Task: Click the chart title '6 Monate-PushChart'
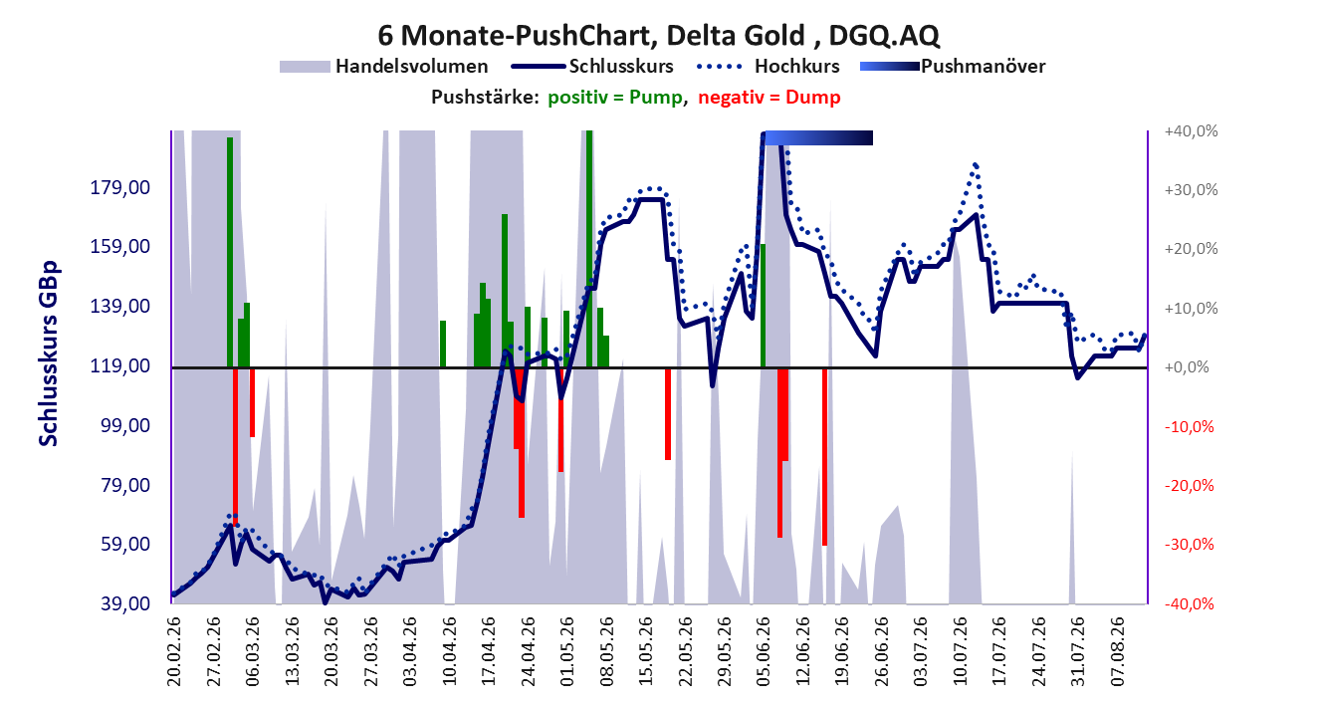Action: point(517,35)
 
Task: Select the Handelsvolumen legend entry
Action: point(384,66)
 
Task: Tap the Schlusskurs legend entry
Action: point(592,66)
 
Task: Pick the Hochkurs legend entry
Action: point(769,66)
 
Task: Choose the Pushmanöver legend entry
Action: point(953,66)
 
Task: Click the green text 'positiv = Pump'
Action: point(616,98)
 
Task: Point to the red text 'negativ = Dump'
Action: point(769,98)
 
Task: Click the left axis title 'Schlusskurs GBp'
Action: point(48,354)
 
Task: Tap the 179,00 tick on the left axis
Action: point(120,188)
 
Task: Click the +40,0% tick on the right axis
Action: point(1191,131)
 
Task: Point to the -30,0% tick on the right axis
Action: point(1190,544)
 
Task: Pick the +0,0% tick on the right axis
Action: point(1187,367)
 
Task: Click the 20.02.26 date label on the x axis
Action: point(174,651)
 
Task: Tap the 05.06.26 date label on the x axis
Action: point(764,651)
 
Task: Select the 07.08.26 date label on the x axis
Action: point(1118,651)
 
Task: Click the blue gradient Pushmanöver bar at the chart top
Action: point(818,137)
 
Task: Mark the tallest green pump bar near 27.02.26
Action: point(230,252)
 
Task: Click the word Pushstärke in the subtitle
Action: point(485,98)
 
